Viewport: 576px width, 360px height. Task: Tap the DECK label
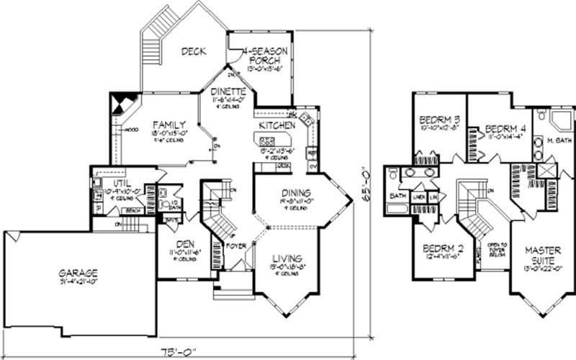(194, 51)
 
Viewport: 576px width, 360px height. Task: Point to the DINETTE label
(228, 91)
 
